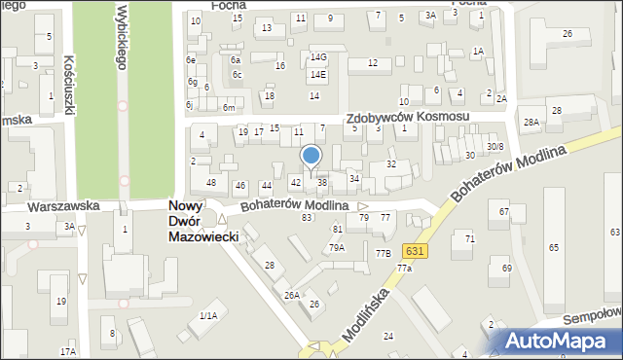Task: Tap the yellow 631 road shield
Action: tap(415, 251)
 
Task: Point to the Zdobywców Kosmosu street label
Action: tap(409, 117)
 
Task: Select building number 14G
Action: tap(318, 57)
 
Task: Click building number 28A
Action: tap(531, 123)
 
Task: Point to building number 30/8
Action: tap(495, 147)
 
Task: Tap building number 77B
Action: tap(383, 253)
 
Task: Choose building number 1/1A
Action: tap(207, 315)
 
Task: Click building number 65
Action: tap(553, 249)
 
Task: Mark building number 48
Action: tap(210, 183)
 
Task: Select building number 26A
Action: tap(291, 295)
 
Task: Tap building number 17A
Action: tap(67, 351)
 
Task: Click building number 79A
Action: tap(336, 247)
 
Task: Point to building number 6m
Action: tap(228, 107)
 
